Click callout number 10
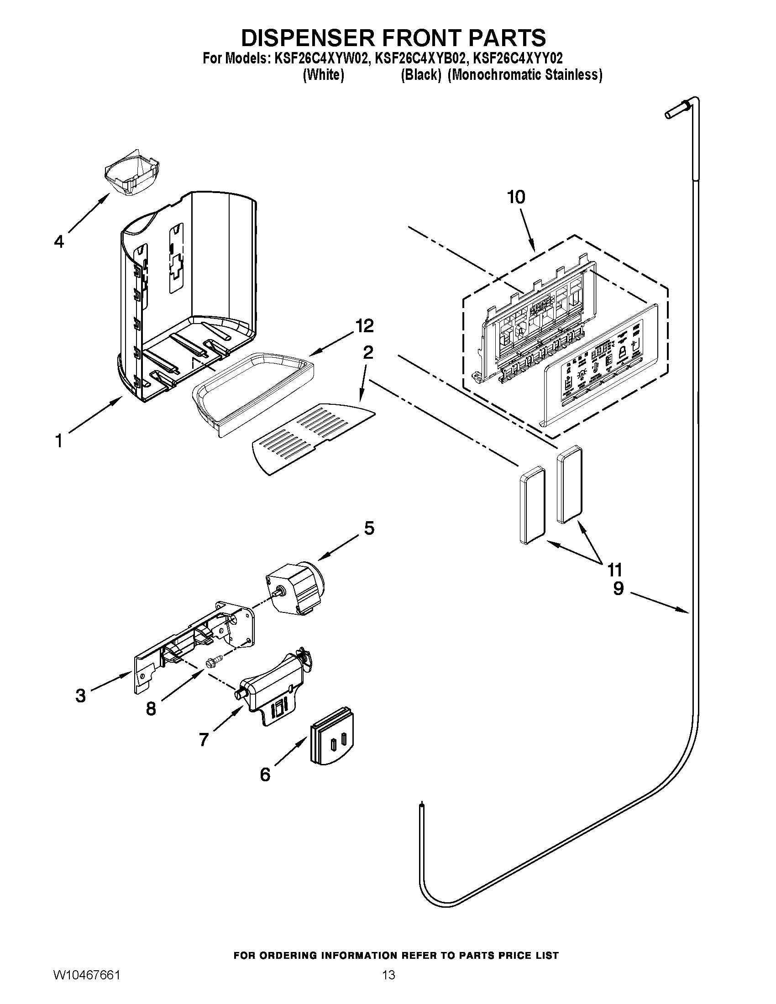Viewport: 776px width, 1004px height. pos(516,197)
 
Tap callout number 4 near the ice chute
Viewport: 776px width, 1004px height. pos(59,241)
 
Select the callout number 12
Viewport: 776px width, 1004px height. pos(364,325)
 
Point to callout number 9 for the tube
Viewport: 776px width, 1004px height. pos(619,588)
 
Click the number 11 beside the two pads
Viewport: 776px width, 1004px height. pos(615,570)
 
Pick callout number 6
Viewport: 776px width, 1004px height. pos(265,774)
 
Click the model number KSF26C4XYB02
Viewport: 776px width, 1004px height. pos(418,59)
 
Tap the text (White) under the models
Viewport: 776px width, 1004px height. pos(323,75)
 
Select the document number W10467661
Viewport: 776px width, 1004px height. pos(86,984)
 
